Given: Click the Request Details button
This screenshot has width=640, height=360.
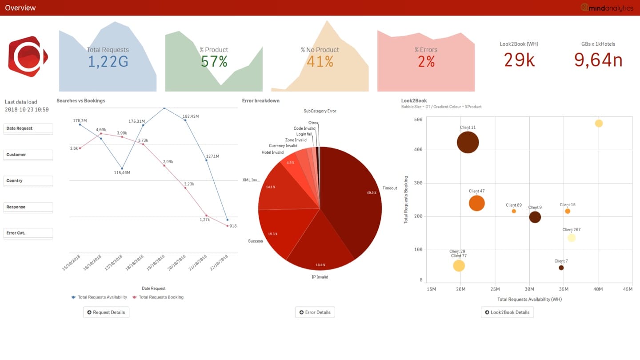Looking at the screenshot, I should pos(106,312).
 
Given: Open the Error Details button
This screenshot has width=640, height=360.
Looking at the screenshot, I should pos(315,312).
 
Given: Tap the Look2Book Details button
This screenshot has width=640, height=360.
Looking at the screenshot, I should pos(507,312).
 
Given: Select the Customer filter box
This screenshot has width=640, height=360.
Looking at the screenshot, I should pos(28,155).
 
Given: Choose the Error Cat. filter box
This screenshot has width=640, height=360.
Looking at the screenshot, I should pos(28,233).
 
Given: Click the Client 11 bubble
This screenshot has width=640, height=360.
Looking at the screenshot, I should pos(468,143).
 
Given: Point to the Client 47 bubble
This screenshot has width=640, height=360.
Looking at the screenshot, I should pos(476,203).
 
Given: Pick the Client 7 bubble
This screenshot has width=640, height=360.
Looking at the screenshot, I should pos(561,268).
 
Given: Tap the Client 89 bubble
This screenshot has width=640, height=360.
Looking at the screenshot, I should pos(514,211).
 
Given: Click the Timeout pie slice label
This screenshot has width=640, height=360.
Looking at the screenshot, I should pos(390,188).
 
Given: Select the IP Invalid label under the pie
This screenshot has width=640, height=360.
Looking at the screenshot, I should pos(320,277).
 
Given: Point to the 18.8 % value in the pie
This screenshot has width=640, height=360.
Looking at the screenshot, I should pos(320,265).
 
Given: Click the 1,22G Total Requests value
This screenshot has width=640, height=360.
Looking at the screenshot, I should pos(108,61).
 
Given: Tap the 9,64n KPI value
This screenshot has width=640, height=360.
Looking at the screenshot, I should pos(598,60).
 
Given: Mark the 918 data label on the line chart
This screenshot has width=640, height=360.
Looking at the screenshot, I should pos(233,226).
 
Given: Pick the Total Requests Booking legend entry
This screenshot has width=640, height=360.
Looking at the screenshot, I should pos(161,297).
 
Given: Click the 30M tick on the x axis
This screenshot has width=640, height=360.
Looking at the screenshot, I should pos(529,289).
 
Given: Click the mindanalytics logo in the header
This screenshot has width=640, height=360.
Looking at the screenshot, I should pos(607,8).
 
